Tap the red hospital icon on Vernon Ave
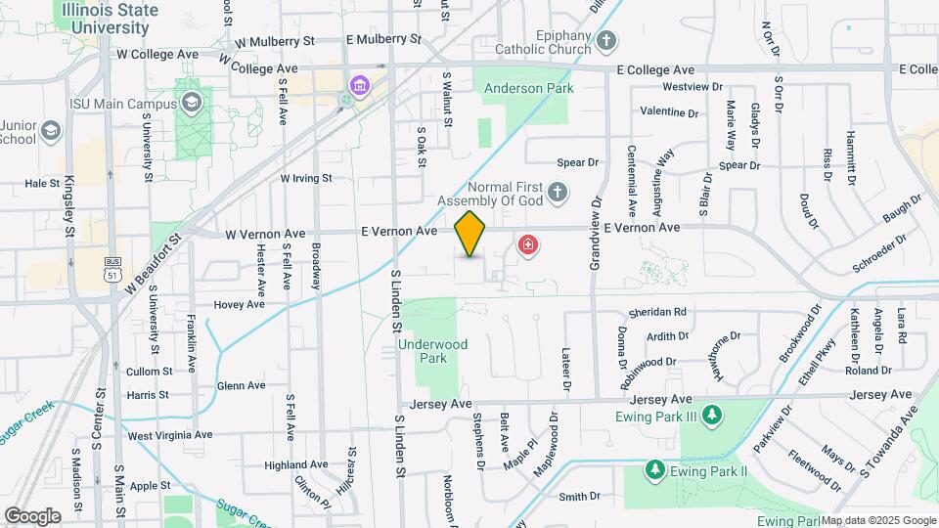[x=528, y=243]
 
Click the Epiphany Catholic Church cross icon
[x=607, y=41]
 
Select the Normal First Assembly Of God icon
[x=558, y=191]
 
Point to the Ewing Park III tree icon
[x=713, y=417]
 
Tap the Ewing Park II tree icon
[x=654, y=470]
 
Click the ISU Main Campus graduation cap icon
[x=192, y=103]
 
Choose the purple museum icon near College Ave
[x=361, y=85]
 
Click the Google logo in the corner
[x=32, y=515]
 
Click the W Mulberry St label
[x=277, y=42]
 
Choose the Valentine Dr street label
[x=669, y=112]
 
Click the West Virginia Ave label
[x=170, y=435]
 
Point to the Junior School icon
[x=52, y=132]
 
